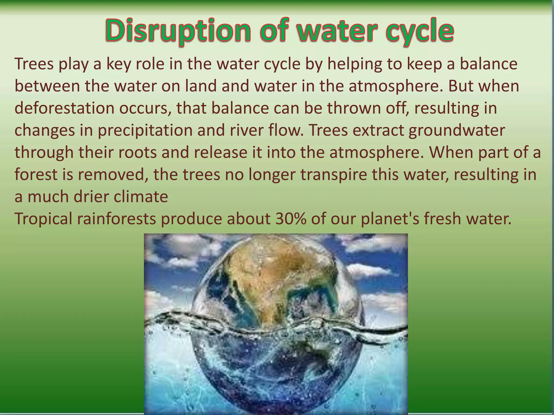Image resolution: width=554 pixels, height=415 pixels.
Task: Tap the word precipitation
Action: click(145, 130)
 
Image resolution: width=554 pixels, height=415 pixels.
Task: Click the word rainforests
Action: click(117, 219)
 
